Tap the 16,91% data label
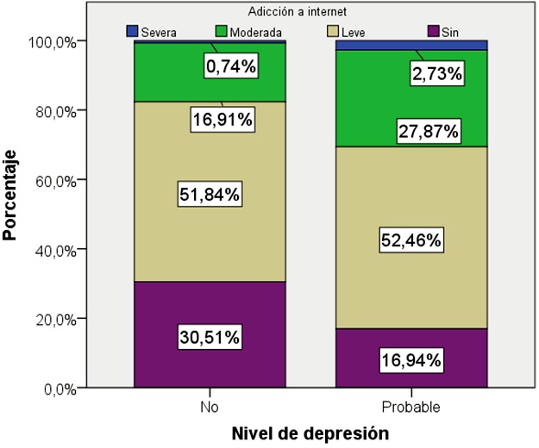coord(222,119)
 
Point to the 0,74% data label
coord(230,65)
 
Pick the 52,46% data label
coord(412,241)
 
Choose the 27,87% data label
coord(429,132)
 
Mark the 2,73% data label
coord(436,76)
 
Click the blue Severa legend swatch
coord(132,31)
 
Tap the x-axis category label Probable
coord(412,405)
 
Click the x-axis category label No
coord(210,405)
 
